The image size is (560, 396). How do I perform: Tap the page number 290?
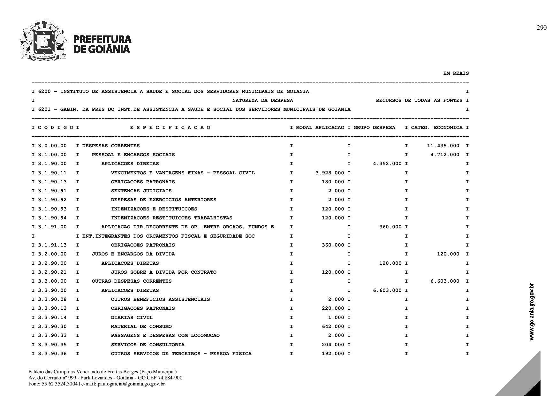tap(541, 28)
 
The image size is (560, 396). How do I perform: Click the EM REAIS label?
tap(456, 73)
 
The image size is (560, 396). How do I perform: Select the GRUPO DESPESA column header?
tap(374, 128)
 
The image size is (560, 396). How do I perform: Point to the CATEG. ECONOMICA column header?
tap(437, 128)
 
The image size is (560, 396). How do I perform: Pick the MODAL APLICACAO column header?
tap(320, 128)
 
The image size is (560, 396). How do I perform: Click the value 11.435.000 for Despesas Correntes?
tap(443, 146)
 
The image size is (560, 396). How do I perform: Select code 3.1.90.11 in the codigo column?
tap(52, 173)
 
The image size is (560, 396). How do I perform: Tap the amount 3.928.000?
tap(330, 173)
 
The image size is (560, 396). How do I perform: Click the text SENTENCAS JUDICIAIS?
tap(141, 191)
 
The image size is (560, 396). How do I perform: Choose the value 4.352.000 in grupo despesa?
tap(387, 164)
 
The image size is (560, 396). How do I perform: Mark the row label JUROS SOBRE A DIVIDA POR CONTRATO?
tap(163, 272)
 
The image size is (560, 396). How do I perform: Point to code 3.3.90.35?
tap(52, 345)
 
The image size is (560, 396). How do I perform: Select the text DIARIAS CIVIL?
tap(132, 318)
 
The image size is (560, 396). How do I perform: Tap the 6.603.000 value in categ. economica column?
tap(445, 281)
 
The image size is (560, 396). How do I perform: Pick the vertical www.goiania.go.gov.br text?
tap(532, 312)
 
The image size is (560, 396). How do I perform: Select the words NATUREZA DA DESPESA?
tap(262, 101)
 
